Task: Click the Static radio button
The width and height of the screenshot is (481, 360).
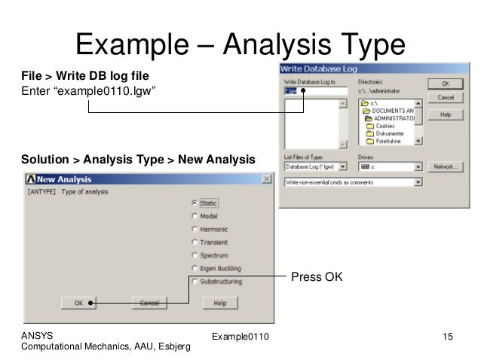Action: (x=195, y=203)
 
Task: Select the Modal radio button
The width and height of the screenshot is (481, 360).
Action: (x=195, y=216)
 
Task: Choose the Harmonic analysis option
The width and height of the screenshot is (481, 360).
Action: (x=195, y=229)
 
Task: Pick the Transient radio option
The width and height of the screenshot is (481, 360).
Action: (x=195, y=243)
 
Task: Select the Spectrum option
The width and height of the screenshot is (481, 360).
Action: (x=195, y=255)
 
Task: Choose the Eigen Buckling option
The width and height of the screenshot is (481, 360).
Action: (x=195, y=268)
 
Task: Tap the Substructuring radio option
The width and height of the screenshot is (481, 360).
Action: (x=195, y=282)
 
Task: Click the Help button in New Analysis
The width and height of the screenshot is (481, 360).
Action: (x=219, y=303)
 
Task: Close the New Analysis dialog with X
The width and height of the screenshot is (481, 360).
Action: (x=266, y=179)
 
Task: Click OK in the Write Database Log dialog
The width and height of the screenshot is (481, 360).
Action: (x=445, y=84)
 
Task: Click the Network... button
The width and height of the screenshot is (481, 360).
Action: (x=445, y=166)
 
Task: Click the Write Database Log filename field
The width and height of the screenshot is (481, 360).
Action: (x=314, y=90)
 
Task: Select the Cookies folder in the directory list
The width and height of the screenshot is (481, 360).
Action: (x=384, y=126)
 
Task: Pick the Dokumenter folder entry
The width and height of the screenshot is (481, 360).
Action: (x=387, y=133)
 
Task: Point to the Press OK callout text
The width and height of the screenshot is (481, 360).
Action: (x=317, y=278)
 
